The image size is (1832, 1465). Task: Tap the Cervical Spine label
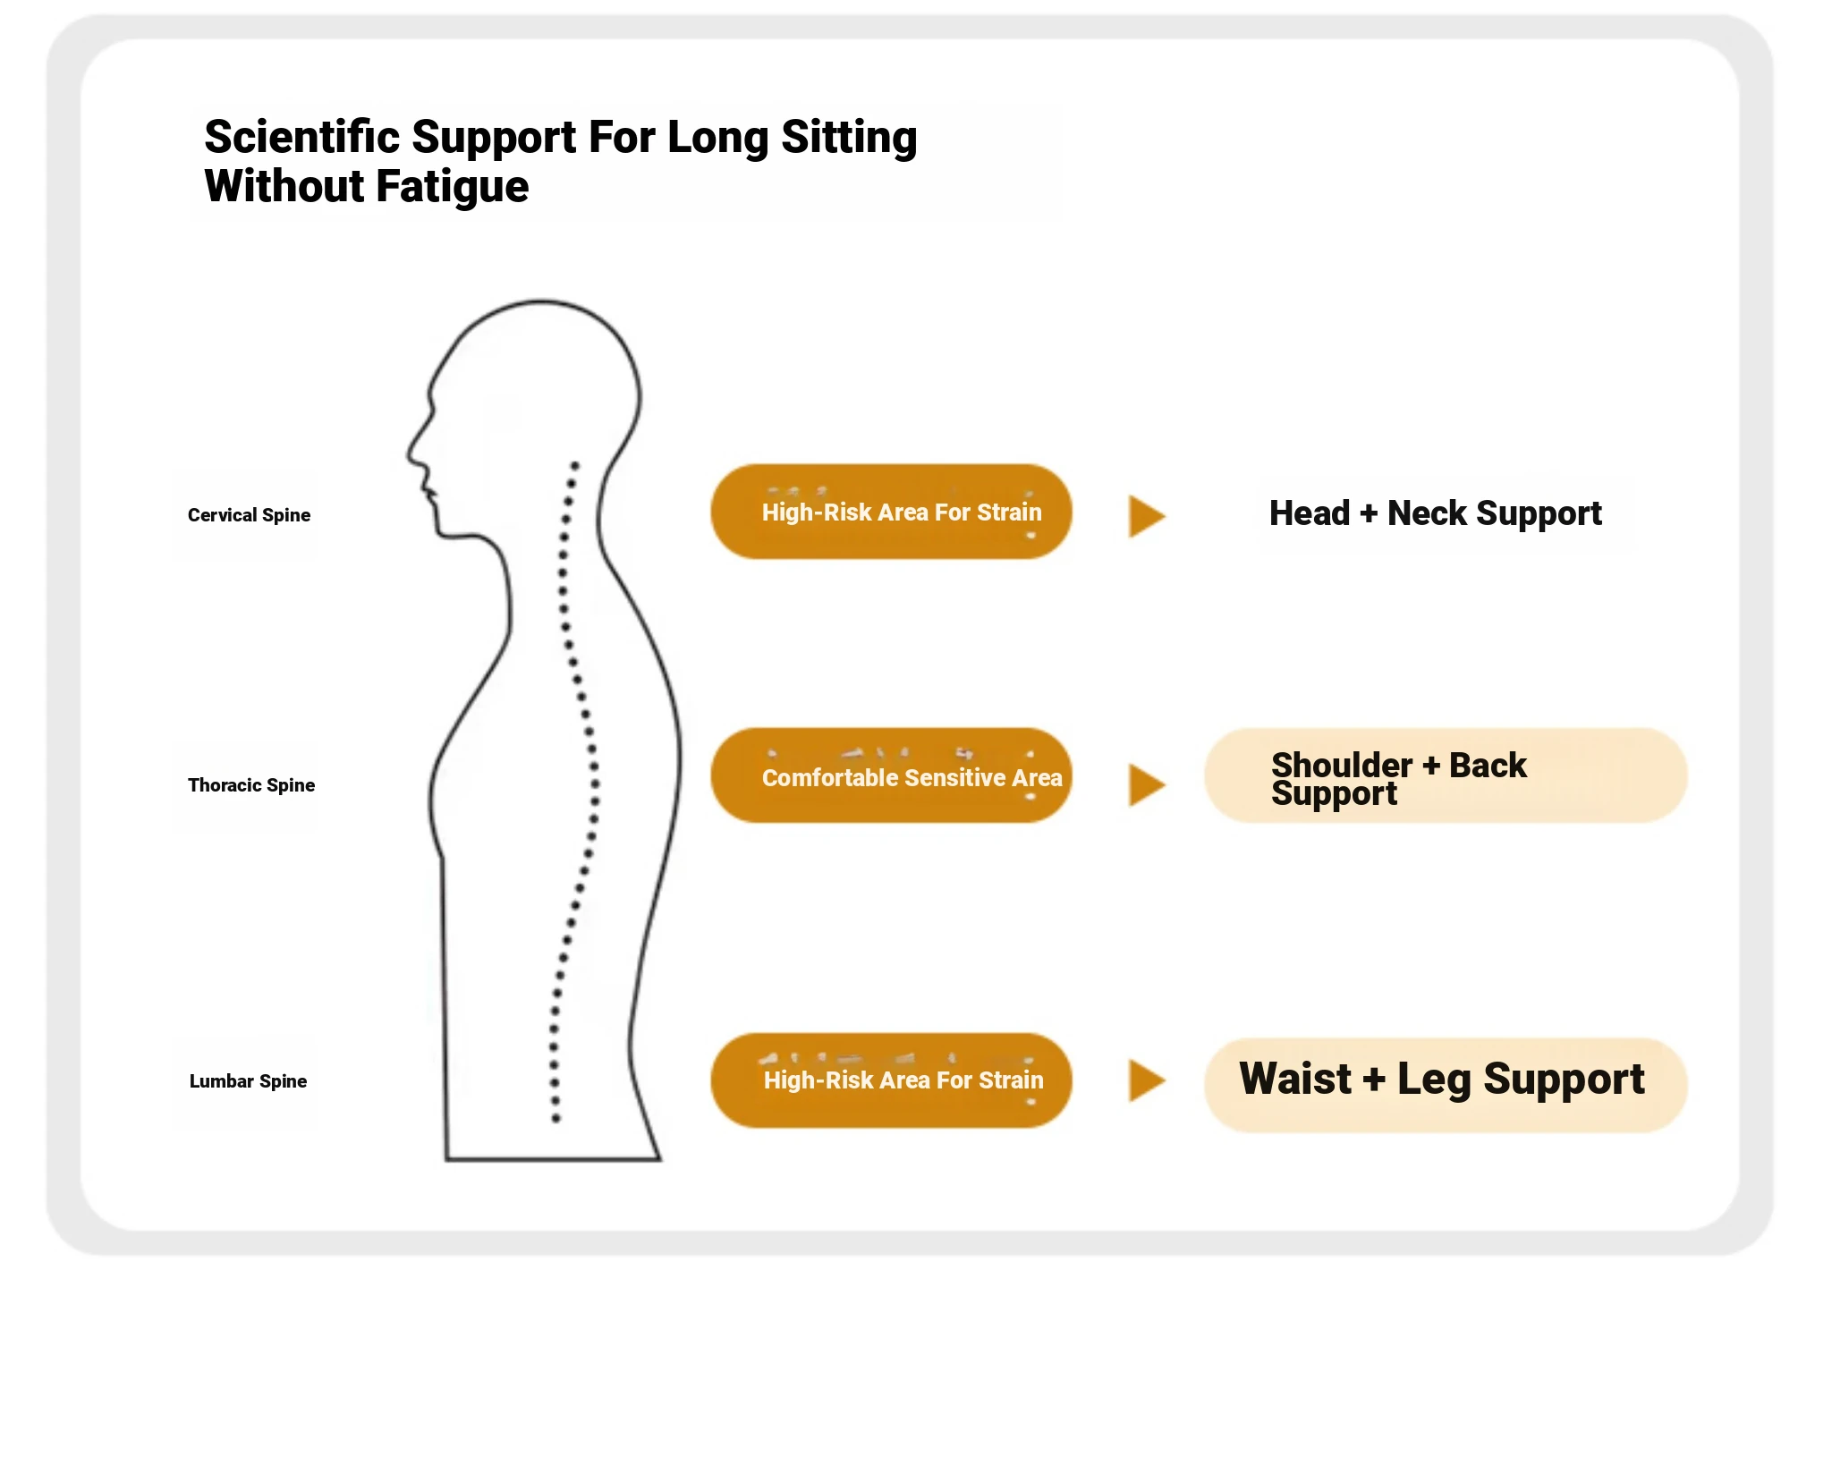249,515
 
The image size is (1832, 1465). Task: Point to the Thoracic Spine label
250,785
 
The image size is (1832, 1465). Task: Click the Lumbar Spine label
248,1081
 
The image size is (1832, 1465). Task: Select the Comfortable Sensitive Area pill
891,776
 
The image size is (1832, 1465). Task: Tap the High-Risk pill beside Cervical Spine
891,512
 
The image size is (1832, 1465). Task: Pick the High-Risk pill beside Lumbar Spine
891,1080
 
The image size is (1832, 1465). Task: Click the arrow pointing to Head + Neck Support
1146,516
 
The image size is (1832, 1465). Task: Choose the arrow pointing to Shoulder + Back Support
1146,785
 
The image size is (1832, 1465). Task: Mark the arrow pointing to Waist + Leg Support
1146,1080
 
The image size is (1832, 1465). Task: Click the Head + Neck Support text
1435,513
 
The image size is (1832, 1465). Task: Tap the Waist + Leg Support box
1445,1084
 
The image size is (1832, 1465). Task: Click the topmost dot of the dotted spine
575,465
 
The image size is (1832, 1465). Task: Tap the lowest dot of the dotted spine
556,1118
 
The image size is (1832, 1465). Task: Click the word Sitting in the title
849,138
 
